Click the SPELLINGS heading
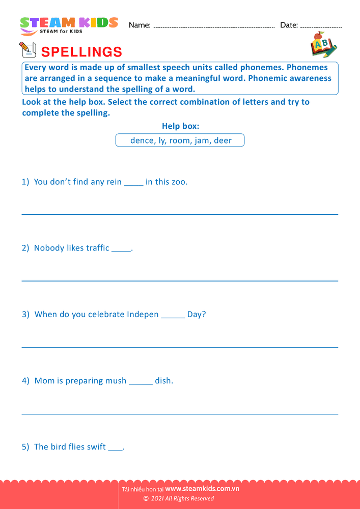click(x=81, y=52)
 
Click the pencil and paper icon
click(x=27, y=50)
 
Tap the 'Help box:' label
click(x=180, y=126)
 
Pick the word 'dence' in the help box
click(x=141, y=140)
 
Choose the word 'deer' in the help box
click(x=223, y=140)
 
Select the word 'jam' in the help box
click(x=202, y=140)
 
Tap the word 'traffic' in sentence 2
click(x=97, y=248)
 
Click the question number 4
click(x=25, y=380)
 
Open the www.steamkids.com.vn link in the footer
click(x=202, y=489)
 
